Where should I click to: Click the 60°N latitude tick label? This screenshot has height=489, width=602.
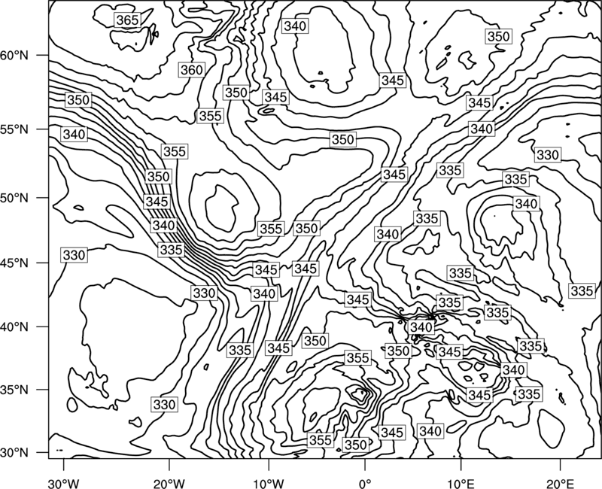(x=14, y=55)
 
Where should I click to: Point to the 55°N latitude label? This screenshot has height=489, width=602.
(x=14, y=129)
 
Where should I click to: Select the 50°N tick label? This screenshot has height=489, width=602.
(x=14, y=198)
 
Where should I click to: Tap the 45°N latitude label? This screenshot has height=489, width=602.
(x=14, y=263)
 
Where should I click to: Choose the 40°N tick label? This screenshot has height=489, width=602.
(x=14, y=327)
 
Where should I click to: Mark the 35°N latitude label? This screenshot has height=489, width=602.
(x=14, y=390)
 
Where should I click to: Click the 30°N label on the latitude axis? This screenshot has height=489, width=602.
(x=14, y=453)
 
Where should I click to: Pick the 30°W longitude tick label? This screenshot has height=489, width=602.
(x=63, y=483)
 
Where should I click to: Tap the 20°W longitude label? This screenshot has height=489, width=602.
(x=169, y=483)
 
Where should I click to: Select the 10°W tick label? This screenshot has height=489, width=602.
(x=269, y=483)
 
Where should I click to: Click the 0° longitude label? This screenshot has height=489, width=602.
(x=365, y=483)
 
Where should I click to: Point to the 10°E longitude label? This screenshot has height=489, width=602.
(x=460, y=483)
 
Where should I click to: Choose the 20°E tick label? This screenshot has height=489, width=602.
(x=560, y=483)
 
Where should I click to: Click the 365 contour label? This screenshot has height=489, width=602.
(x=127, y=20)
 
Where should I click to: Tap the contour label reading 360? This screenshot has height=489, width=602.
(x=192, y=70)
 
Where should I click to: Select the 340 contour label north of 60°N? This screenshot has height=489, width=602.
(x=295, y=26)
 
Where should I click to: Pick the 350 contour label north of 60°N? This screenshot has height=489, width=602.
(x=498, y=36)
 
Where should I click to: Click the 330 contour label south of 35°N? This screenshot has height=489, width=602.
(x=165, y=405)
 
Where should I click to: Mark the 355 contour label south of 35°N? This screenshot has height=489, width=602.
(x=321, y=440)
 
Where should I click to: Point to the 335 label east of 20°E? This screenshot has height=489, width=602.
(x=582, y=291)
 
